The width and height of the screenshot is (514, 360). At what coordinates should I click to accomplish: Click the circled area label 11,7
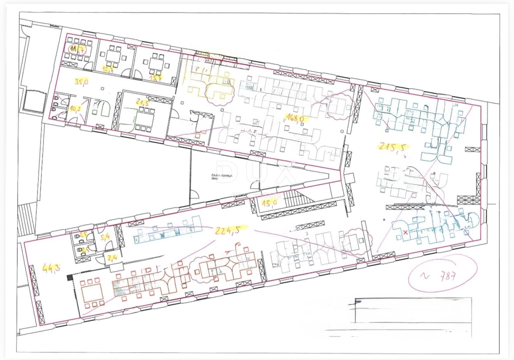point(77,50)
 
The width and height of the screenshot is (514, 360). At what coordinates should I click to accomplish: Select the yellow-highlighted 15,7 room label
point(155,77)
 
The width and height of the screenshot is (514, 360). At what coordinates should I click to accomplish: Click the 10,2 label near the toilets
point(75,108)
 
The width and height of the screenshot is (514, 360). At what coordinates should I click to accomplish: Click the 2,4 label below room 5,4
point(112,258)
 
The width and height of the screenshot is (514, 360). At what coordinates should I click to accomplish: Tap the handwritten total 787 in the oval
point(445,276)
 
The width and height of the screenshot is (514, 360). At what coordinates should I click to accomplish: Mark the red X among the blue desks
point(405,232)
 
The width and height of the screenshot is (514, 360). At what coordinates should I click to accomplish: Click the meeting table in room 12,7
point(113,56)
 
